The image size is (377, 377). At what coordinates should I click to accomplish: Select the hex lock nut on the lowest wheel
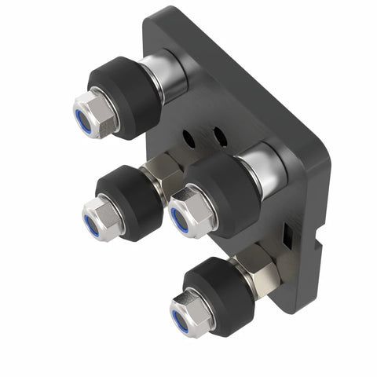click(191, 313)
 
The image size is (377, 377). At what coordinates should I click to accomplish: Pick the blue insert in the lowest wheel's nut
click(180, 319)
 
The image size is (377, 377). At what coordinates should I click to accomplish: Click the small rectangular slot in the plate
click(288, 233)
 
